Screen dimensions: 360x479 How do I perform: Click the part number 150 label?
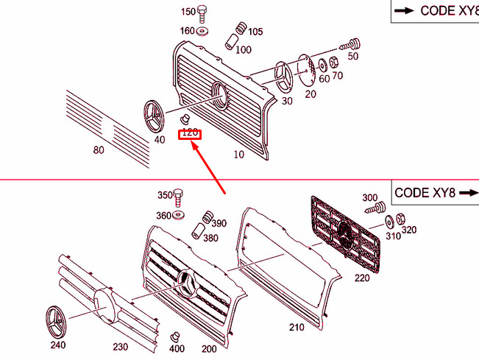coord(188,11)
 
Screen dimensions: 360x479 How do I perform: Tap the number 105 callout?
coord(255,32)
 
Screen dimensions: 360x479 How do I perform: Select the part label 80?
coord(98,150)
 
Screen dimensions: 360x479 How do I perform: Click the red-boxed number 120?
coord(190,133)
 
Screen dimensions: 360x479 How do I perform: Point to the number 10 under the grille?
coord(238,155)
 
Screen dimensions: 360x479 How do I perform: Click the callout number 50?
coord(352,56)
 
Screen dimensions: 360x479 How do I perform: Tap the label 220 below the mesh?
coord(362,278)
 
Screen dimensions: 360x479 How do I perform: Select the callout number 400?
coord(177,349)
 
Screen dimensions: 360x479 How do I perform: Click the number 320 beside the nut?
coord(408,230)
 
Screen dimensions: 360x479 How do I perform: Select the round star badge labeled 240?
coord(57,321)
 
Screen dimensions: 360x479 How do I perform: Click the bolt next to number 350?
coord(178,196)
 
